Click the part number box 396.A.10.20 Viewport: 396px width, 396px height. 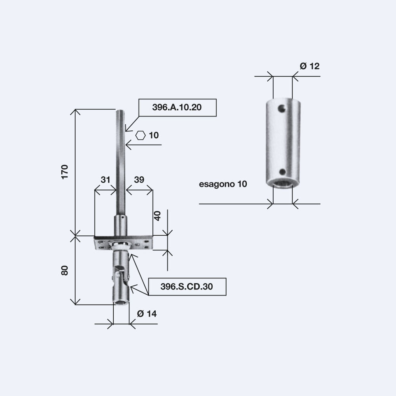point(177,108)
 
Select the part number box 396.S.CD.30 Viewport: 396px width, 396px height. point(187,287)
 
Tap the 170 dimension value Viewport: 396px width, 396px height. point(65,172)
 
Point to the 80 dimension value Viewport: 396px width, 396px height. point(65,270)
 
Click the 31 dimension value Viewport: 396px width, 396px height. point(105,179)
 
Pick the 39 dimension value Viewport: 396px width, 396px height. point(139,179)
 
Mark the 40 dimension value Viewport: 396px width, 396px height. point(157,216)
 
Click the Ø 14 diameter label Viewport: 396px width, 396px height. point(147,314)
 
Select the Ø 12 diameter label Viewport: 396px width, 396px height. point(310,66)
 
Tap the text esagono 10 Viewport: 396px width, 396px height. point(223,184)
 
